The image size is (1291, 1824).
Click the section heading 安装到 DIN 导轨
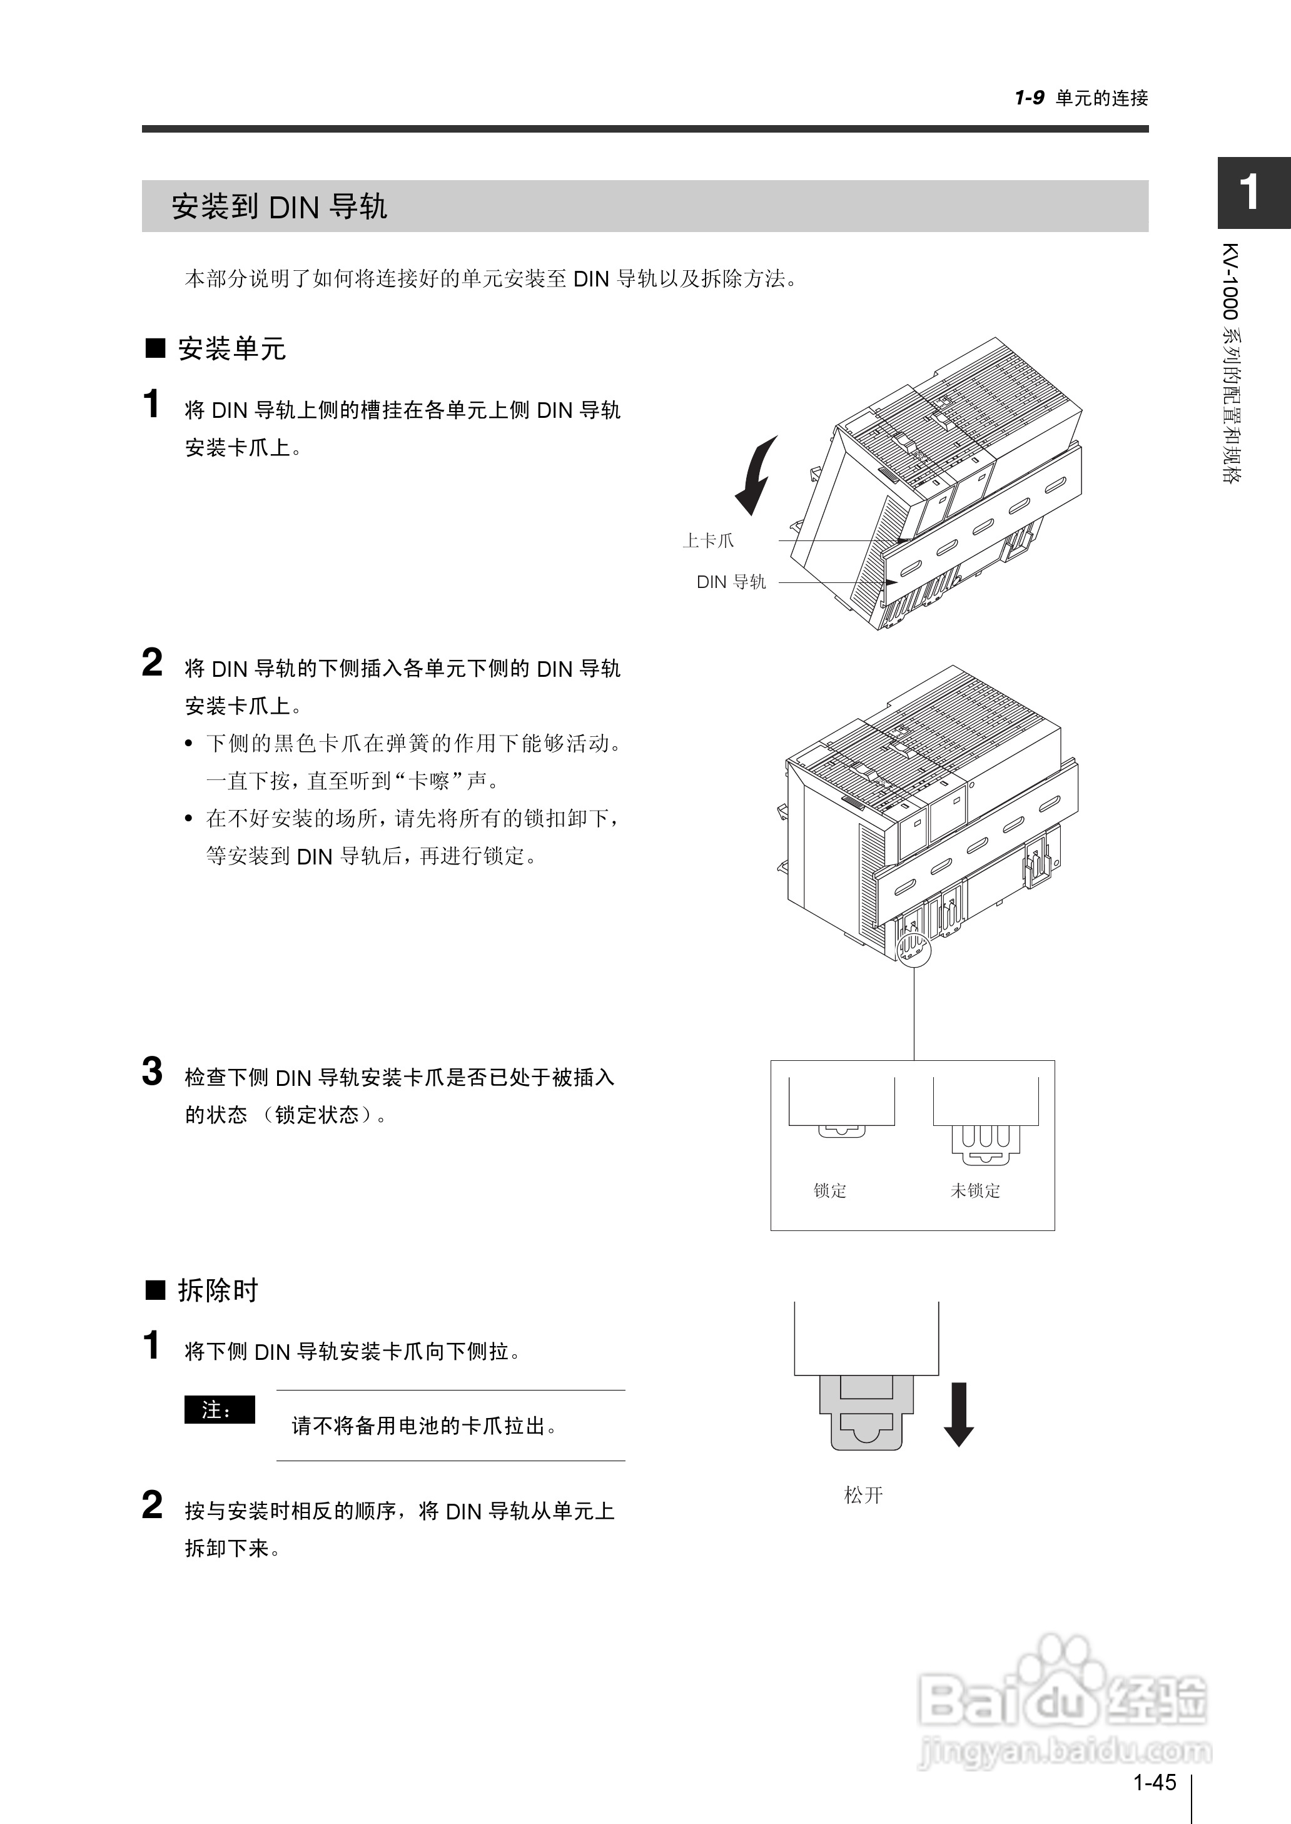point(279,206)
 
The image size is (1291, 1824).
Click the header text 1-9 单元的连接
point(1081,98)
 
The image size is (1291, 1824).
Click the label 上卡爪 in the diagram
point(708,541)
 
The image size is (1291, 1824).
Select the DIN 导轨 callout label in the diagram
point(731,582)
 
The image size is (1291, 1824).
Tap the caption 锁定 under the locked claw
point(830,1190)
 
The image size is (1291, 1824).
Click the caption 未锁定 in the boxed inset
point(975,1190)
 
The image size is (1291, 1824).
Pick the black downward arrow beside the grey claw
point(959,1414)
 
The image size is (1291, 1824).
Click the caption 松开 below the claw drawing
point(863,1495)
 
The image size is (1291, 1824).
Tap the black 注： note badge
point(220,1410)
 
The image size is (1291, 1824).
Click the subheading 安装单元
point(231,348)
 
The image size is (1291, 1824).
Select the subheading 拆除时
point(218,1290)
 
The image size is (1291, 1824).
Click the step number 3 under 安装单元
point(152,1072)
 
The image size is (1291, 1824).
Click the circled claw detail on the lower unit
point(912,948)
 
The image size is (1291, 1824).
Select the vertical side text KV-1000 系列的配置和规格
point(1232,362)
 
